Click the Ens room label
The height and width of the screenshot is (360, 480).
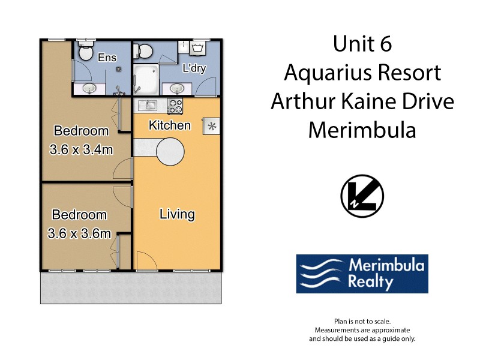point(109,58)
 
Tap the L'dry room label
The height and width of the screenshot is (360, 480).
point(194,68)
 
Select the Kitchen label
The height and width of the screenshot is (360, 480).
point(170,125)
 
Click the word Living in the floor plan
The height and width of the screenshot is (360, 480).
point(177,214)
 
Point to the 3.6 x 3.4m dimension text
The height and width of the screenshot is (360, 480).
point(81,149)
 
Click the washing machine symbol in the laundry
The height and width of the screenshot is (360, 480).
point(199,48)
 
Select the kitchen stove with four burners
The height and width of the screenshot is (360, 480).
point(175,106)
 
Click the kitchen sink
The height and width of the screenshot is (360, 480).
point(148,106)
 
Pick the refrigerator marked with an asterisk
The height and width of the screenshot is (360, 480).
point(211,126)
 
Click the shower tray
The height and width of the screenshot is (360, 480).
point(146,77)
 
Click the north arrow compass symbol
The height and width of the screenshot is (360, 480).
point(362,196)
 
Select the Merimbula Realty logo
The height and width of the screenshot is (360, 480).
point(362,273)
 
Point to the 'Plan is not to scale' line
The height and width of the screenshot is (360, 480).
point(362,322)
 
